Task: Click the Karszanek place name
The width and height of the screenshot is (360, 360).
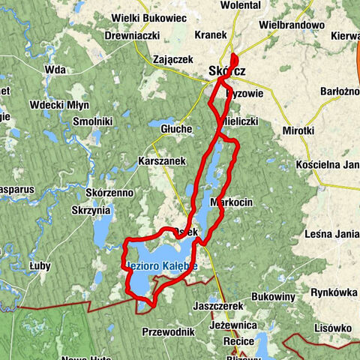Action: tap(162, 161)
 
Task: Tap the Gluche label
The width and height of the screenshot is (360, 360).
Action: tap(176, 129)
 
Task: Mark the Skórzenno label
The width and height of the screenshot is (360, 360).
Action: tap(109, 193)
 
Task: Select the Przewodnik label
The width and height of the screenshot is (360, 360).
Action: tap(168, 331)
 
